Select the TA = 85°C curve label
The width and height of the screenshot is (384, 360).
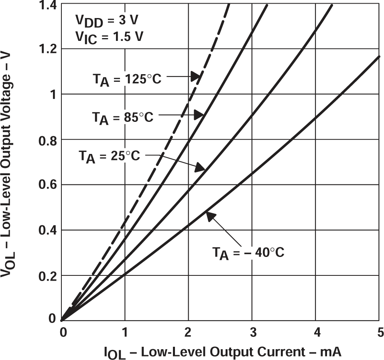point(123,117)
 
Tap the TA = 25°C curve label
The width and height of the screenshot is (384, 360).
point(109,156)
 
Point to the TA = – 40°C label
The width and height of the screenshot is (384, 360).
point(248,253)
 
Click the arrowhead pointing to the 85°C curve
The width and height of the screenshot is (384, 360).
point(199,115)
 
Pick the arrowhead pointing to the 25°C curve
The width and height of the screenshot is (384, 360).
point(200,168)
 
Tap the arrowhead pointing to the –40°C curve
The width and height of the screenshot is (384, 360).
point(210,216)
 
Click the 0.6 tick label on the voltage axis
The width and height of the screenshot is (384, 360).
point(48,185)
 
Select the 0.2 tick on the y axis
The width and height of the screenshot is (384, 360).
point(48,276)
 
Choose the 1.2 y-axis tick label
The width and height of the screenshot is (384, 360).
point(48,49)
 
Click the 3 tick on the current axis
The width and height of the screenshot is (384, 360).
point(252,332)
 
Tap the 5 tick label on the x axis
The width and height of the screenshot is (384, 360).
point(379,332)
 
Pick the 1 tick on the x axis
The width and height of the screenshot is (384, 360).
point(125,332)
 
